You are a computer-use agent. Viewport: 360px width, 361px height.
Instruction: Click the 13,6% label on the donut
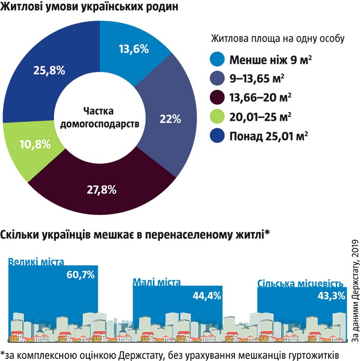pos(133,50)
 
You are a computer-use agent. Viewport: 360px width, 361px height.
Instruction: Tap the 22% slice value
pos(170,119)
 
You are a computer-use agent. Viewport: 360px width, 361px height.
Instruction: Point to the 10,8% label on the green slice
pos(34,144)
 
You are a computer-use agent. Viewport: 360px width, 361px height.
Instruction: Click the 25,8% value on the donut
pos(48,70)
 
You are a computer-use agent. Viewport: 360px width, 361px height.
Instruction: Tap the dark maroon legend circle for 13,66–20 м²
pos(218,97)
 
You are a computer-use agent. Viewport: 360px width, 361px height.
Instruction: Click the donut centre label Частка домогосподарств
pos(100,117)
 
